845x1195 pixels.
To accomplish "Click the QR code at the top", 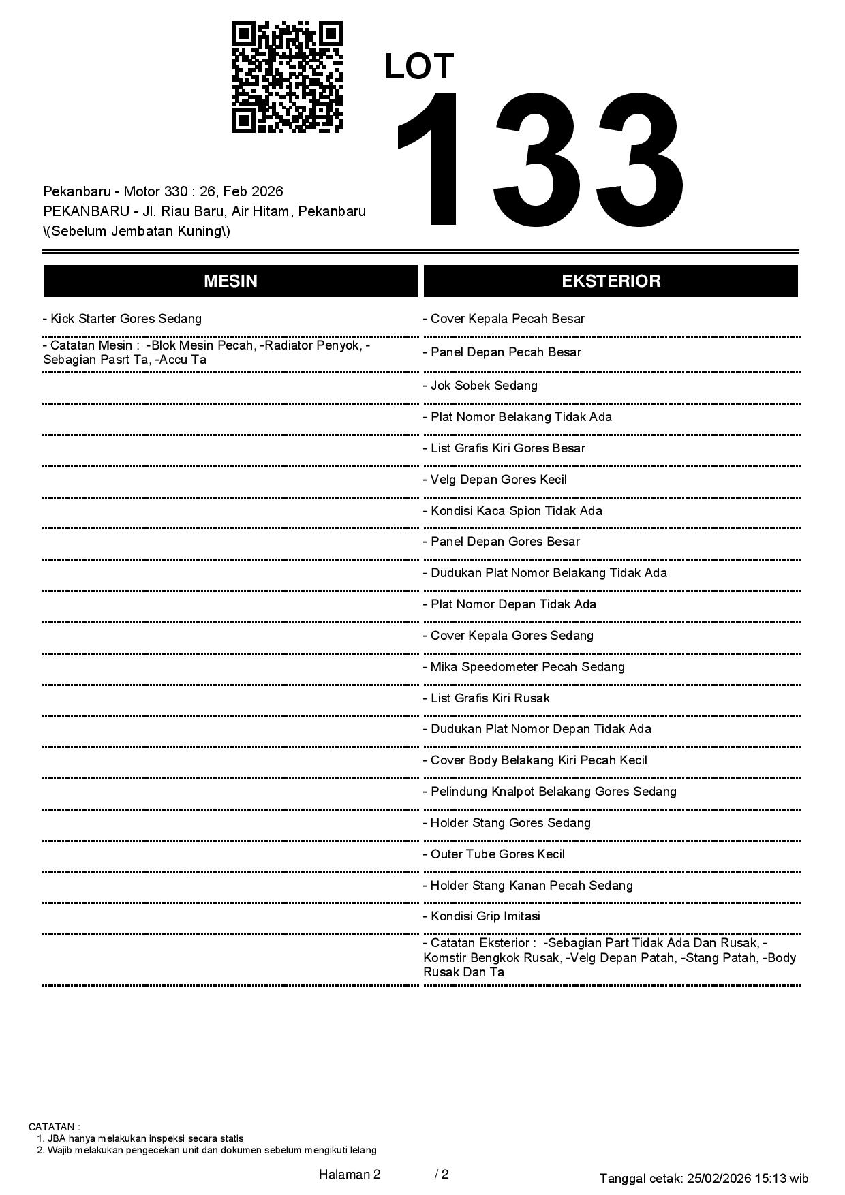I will (287, 77).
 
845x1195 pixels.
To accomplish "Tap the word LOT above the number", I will (419, 67).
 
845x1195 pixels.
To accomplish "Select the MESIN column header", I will (230, 281).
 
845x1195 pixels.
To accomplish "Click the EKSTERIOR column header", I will (611, 281).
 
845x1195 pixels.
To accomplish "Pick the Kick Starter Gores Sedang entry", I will (123, 319).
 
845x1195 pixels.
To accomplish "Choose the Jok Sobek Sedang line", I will (480, 386).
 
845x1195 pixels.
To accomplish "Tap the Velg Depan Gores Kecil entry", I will (495, 480).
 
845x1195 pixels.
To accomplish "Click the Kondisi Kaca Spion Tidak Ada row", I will (512, 511).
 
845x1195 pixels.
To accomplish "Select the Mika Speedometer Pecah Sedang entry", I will (523, 667).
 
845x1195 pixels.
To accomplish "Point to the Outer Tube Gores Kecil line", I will (494, 854).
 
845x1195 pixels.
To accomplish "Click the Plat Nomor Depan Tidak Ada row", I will (510, 604).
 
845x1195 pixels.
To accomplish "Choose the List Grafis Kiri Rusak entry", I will (487, 698).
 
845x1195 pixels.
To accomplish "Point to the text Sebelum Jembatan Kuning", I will (137, 231).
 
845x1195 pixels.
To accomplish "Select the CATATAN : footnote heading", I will (55, 1127).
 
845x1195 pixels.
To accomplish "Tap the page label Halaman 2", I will (350, 1174).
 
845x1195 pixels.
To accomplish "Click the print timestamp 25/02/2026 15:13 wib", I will (748, 1178).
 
